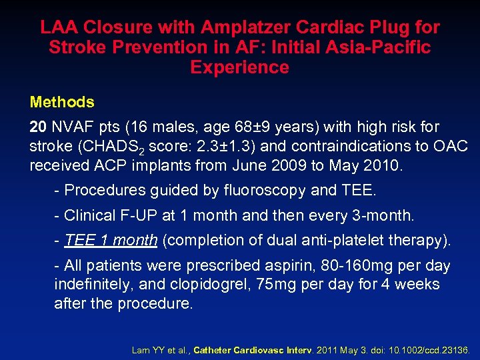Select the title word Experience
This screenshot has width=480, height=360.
[x=239, y=67]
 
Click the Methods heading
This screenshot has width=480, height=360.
[x=62, y=102]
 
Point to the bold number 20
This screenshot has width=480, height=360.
[x=38, y=127]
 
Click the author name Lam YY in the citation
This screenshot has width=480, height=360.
[x=145, y=349]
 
